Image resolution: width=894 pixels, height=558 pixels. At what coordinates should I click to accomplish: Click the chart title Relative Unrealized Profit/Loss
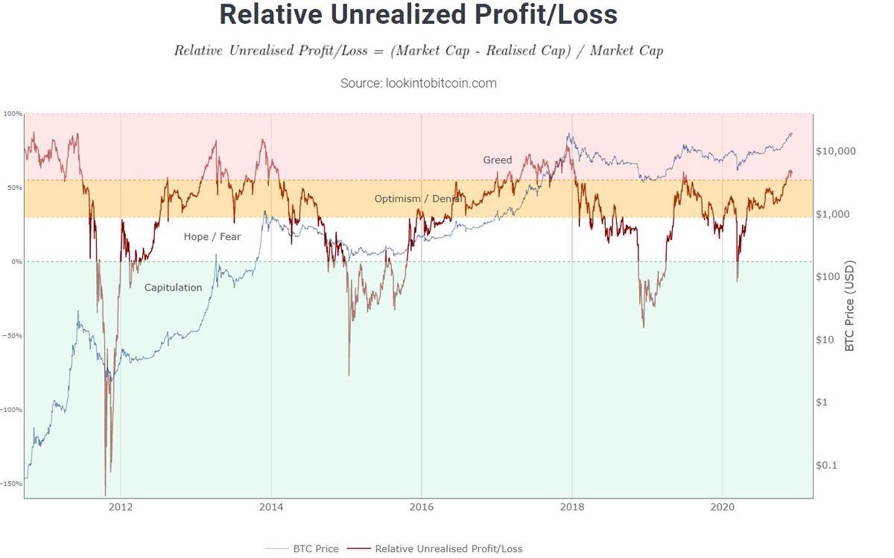(x=418, y=16)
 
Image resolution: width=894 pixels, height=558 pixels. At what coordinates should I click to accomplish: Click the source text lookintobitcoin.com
(x=418, y=83)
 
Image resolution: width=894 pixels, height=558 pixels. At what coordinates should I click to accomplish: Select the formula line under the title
(x=418, y=51)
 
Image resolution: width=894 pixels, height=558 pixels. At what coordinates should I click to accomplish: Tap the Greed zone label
(x=497, y=160)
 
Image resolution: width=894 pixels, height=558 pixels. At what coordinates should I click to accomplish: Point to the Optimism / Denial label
(x=418, y=199)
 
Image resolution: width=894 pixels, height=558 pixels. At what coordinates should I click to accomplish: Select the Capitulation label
(x=173, y=287)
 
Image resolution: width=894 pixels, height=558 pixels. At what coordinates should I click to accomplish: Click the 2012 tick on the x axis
(x=121, y=508)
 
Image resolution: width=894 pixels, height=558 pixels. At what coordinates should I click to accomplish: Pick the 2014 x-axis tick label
(x=271, y=508)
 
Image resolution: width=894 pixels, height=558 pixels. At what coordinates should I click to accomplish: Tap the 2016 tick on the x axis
(x=422, y=508)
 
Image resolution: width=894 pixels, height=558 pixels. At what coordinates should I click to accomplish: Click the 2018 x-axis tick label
(x=572, y=508)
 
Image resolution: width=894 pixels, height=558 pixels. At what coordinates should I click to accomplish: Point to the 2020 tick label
(x=722, y=508)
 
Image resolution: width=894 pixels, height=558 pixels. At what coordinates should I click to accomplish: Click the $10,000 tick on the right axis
(x=837, y=151)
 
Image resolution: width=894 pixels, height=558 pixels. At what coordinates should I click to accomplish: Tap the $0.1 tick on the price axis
(x=828, y=465)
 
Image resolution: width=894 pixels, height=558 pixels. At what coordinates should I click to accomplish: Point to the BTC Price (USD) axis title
(x=850, y=305)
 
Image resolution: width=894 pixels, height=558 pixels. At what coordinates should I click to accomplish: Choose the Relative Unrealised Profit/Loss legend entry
(x=448, y=548)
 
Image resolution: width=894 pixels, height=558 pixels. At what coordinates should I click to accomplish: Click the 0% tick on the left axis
(x=16, y=262)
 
